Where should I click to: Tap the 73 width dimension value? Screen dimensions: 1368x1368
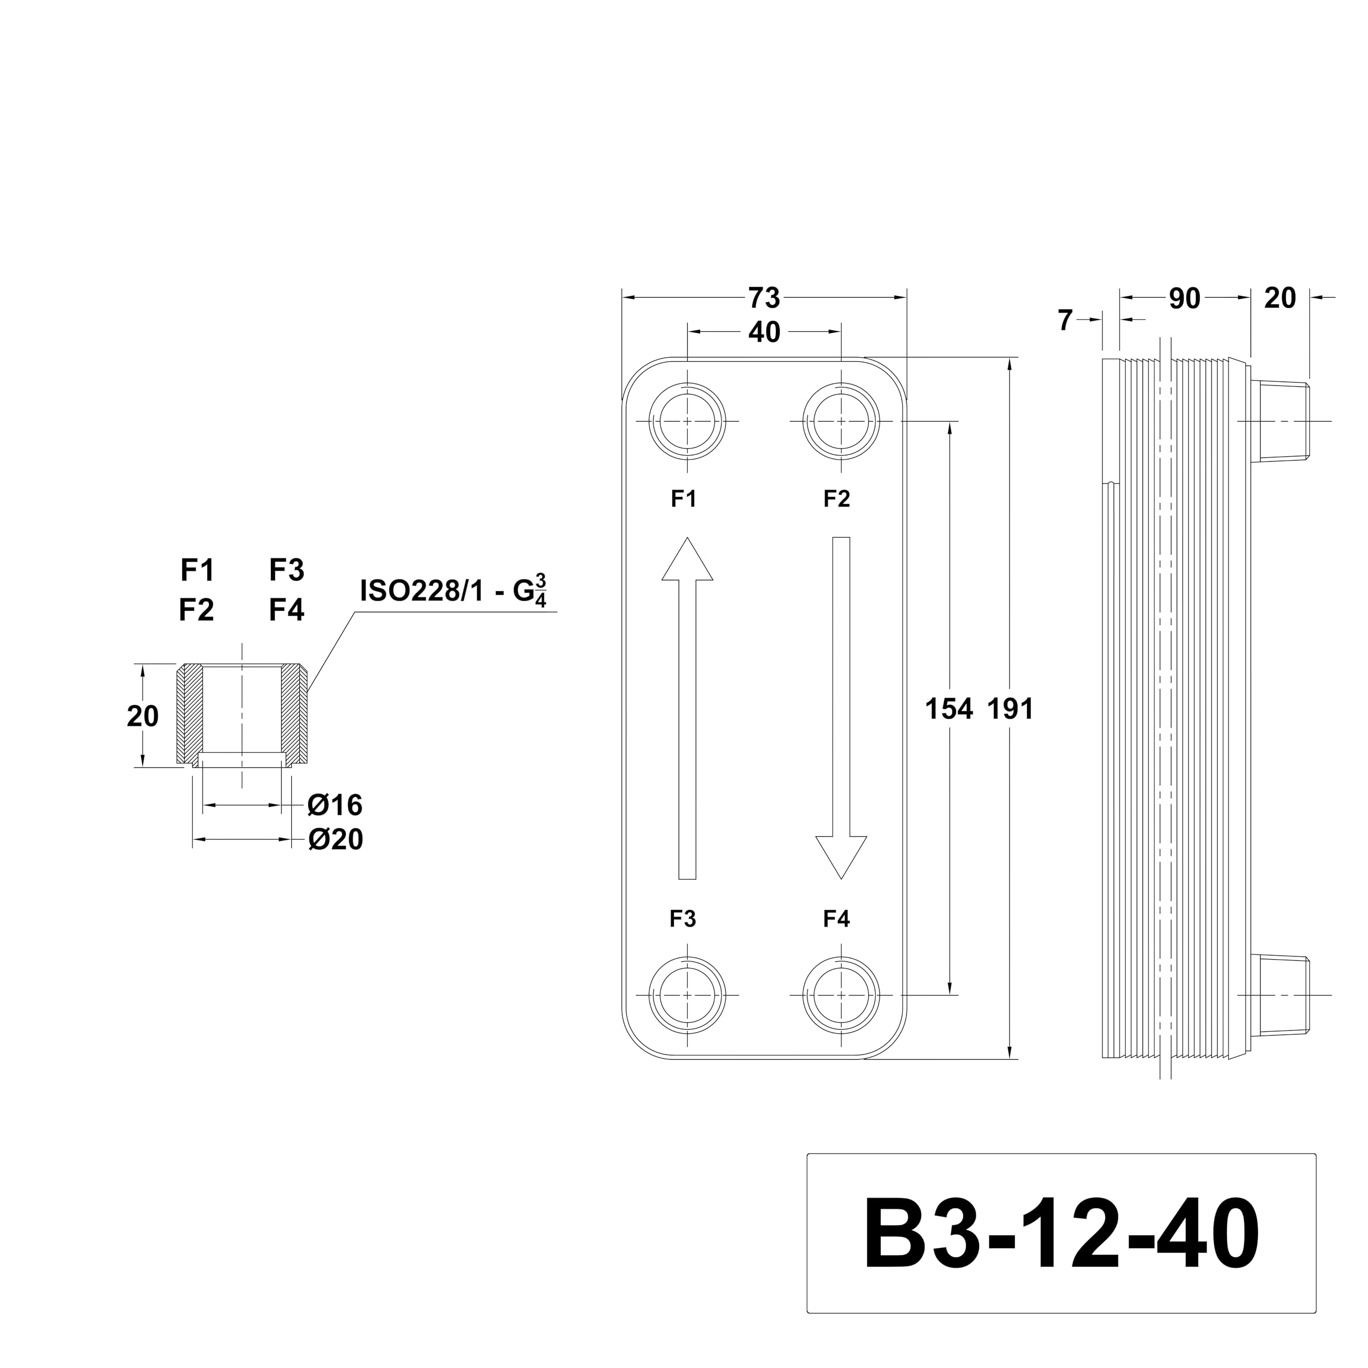coord(764,299)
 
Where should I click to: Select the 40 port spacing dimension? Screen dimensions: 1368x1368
coord(764,332)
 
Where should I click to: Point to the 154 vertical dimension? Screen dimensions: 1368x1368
coord(949,709)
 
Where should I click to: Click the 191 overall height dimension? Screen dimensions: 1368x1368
coord(1011,709)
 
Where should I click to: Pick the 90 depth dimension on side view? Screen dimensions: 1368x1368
coord(1185,299)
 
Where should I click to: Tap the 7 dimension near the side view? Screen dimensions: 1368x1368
coord(1066,321)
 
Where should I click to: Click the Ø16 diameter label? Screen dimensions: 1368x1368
coord(335,805)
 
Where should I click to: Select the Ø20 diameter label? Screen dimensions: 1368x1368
coord(336,840)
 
